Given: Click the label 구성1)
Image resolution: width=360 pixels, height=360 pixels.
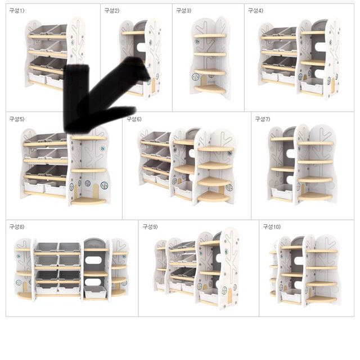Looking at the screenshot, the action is pos(17,11).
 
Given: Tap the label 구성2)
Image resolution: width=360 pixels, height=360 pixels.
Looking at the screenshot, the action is pos(112,11).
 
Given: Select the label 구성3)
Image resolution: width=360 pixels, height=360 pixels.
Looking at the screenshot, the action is pos(184,11).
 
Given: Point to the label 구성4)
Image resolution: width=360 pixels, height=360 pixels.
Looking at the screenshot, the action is pos(255,11).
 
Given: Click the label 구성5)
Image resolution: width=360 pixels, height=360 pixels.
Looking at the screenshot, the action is pos(17,119).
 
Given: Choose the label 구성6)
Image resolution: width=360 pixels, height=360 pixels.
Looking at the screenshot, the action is pos(134,119).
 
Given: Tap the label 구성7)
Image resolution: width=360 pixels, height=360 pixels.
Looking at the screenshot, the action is pos(263,119).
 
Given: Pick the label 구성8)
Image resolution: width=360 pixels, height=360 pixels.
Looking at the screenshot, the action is pos(17,227).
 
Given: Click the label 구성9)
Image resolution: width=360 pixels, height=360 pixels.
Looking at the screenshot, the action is pos(150,227).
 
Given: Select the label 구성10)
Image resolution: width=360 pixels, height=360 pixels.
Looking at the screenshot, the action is pos(272,227).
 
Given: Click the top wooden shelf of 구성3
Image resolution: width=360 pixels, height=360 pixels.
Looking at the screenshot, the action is pos(210,35).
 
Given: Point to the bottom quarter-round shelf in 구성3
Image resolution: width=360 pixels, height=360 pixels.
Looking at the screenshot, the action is pos(210,89).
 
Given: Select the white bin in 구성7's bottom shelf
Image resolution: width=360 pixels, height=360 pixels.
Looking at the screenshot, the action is pos(282,192).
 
